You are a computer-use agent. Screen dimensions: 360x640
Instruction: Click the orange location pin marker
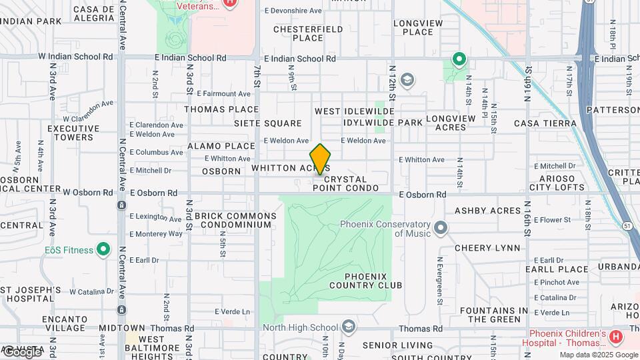pyautogui.click(x=321, y=159)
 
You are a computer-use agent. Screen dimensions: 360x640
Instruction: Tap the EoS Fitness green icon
pyautogui.click(x=103, y=250)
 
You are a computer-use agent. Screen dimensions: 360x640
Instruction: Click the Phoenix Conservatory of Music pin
pyautogui.click(x=440, y=229)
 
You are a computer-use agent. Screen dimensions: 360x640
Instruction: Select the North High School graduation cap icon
pyautogui.click(x=347, y=327)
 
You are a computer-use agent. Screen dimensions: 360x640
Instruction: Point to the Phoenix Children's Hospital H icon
pyautogui.click(x=615, y=337)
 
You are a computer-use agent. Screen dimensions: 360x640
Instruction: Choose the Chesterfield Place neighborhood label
pyautogui.click(x=308, y=33)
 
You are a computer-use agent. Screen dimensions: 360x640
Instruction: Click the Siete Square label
pyautogui.click(x=267, y=123)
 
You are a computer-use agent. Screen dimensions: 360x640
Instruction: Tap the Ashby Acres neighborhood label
pyautogui.click(x=487, y=211)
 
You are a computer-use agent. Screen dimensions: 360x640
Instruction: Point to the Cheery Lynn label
pyautogui.click(x=487, y=248)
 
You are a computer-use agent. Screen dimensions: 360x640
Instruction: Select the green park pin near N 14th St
pyautogui.click(x=459, y=60)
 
